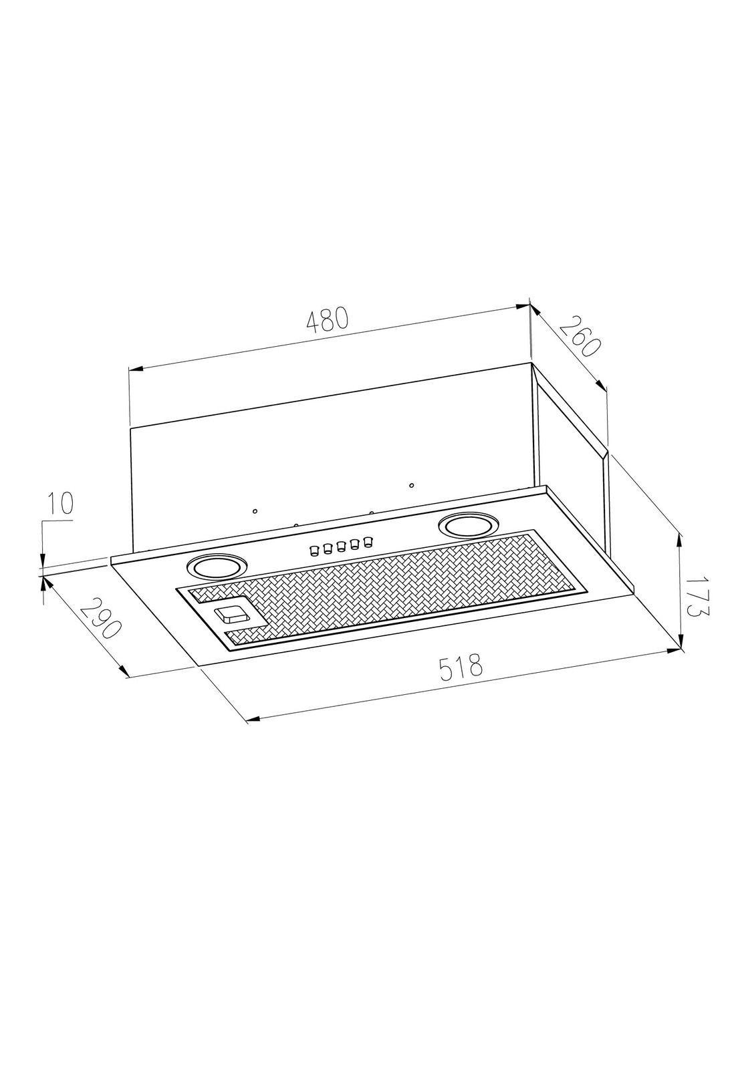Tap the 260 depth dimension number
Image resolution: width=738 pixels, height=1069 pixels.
(578, 336)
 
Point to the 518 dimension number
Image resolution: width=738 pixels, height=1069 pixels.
(461, 667)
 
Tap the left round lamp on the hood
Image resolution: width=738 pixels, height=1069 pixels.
(216, 567)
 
